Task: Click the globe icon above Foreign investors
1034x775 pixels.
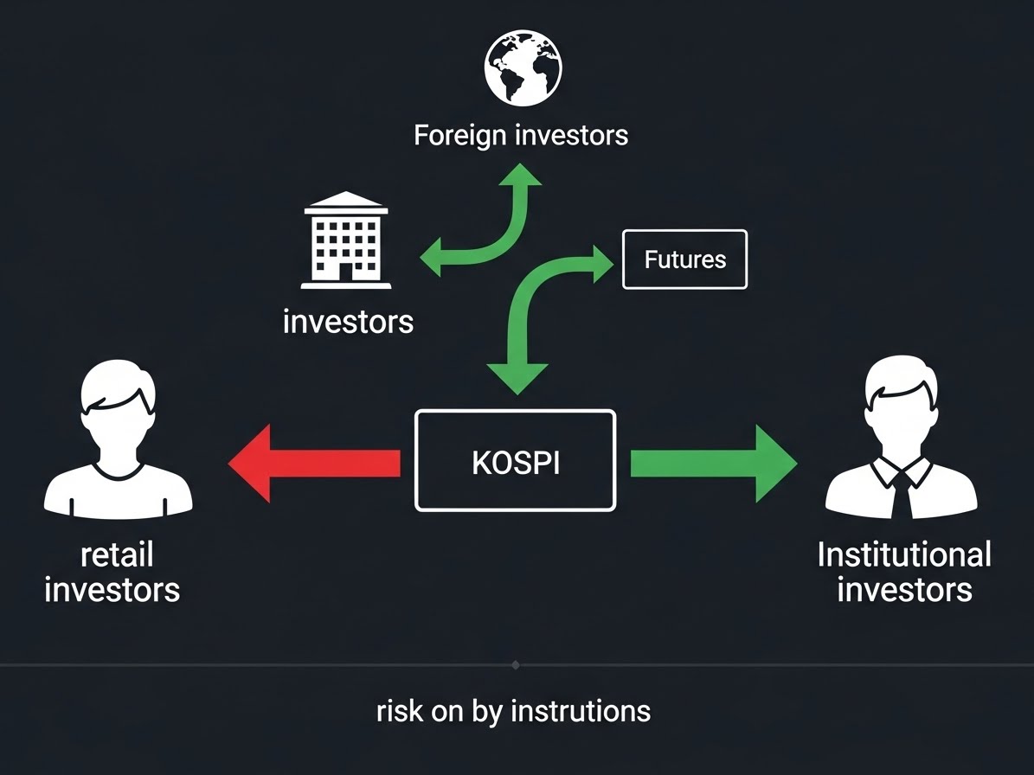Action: click(x=523, y=67)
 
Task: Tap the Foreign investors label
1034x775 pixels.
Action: click(x=521, y=136)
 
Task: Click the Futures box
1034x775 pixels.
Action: click(x=684, y=259)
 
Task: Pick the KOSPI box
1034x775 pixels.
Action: click(x=516, y=461)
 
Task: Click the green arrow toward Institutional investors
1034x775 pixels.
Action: click(x=713, y=464)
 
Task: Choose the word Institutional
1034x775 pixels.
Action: click(x=904, y=554)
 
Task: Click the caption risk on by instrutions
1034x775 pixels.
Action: click(x=514, y=711)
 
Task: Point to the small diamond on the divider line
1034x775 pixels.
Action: click(x=516, y=665)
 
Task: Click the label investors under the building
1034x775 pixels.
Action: click(x=348, y=322)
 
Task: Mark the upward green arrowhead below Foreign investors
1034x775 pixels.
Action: click(x=520, y=176)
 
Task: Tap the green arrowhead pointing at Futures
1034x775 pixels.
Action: click(x=602, y=260)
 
